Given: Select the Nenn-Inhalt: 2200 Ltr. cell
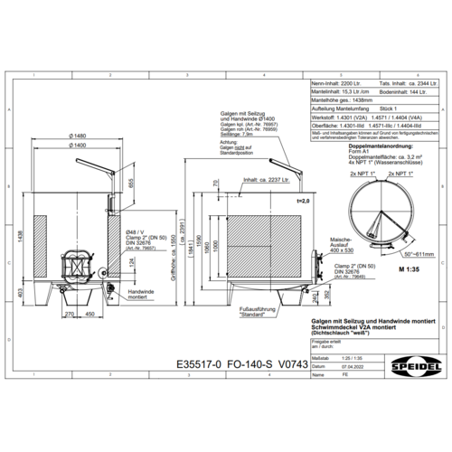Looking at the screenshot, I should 334,81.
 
